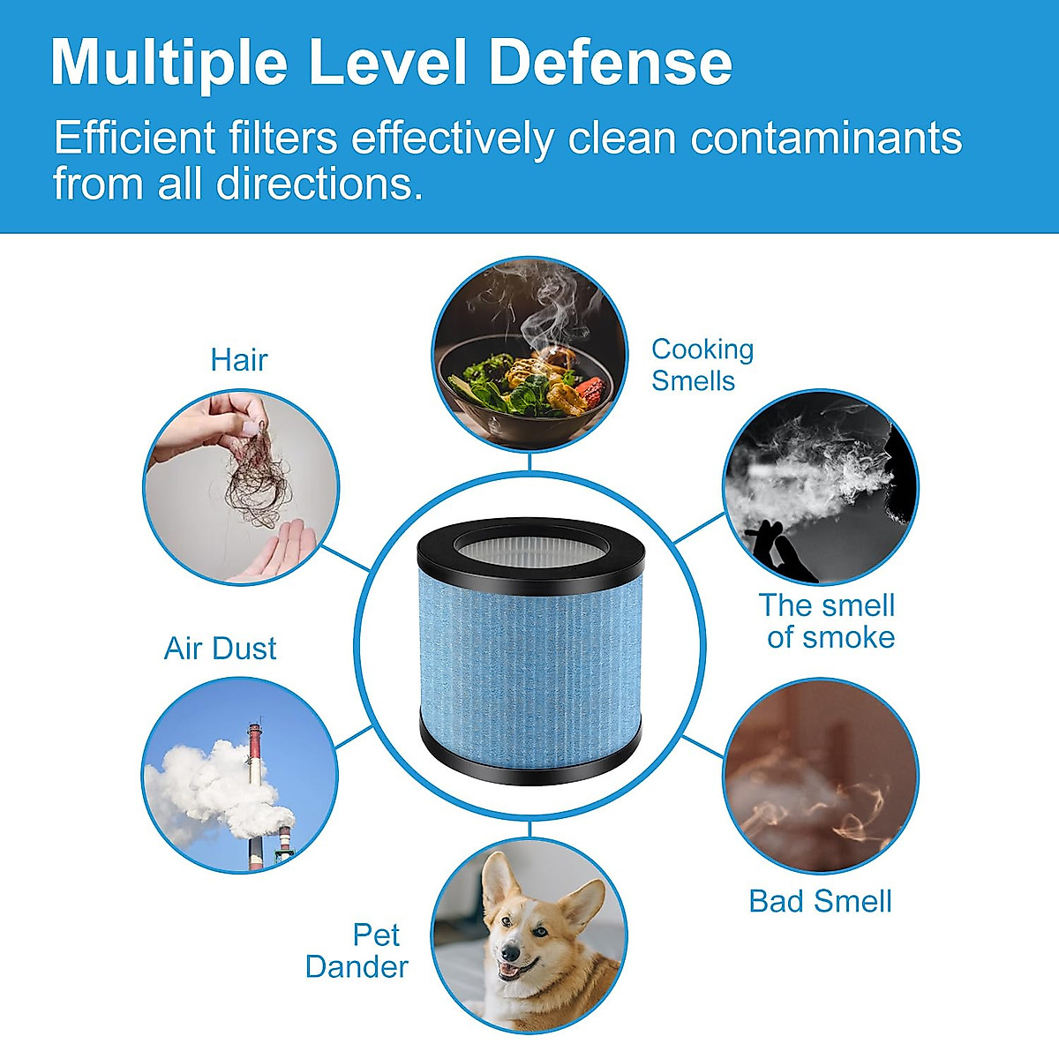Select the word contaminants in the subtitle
pos(826,139)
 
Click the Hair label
pos(238,360)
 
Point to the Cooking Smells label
pos(702,364)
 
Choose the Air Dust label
pos(220,649)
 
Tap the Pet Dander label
pos(357,950)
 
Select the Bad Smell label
pos(820,901)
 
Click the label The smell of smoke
pos(828,620)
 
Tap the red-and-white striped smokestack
pos(255,777)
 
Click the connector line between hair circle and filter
pos(346,558)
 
